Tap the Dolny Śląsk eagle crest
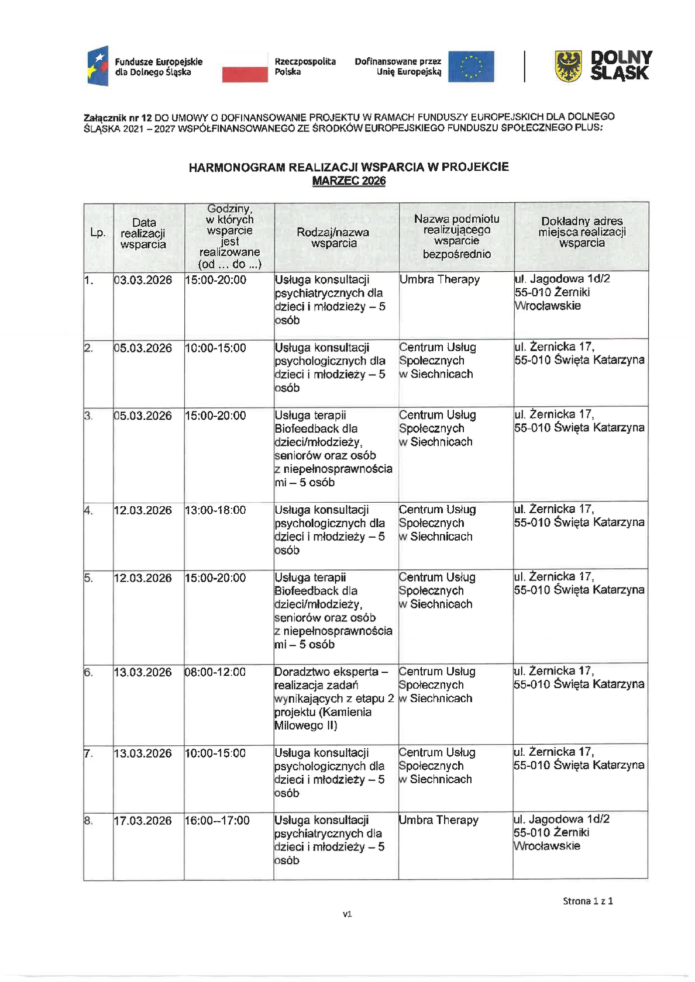coord(568,66)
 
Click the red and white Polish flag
coord(245,66)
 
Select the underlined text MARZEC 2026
coord(349,181)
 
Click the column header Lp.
coord(98,233)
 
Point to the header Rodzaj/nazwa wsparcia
coord(333,237)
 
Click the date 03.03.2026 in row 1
coord(143,280)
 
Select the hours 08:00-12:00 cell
coord(215,672)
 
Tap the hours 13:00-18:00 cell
coord(215,510)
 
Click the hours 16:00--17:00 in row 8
coord(217,821)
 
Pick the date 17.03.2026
coord(143,821)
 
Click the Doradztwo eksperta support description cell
coord(333,699)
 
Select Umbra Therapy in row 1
coord(439,279)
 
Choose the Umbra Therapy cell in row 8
coord(439,820)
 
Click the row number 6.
coord(88,672)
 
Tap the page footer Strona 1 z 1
coord(587,901)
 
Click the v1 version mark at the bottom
coord(347,914)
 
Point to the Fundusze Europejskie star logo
coord(98,66)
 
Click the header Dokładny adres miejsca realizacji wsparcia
coord(582,232)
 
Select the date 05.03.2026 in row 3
coord(143,416)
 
